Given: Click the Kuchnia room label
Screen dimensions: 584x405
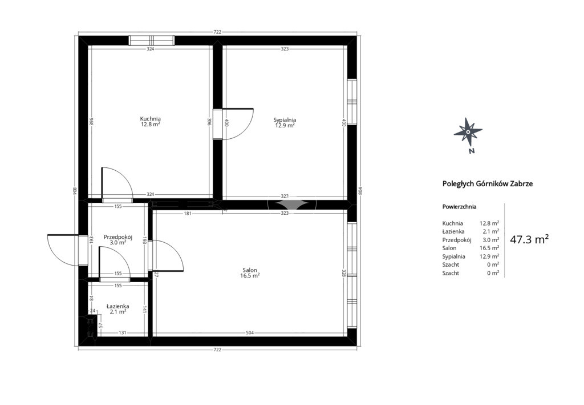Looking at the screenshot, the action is click(x=151, y=119).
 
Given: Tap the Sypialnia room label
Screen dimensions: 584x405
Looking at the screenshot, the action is click(x=285, y=120).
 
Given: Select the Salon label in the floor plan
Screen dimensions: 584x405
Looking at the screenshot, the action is click(x=250, y=270).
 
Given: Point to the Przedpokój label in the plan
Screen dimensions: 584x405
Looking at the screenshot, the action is click(x=118, y=237).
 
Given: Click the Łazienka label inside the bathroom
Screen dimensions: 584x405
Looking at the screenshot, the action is click(x=117, y=306).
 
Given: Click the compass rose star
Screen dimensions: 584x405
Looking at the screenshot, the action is click(x=468, y=131).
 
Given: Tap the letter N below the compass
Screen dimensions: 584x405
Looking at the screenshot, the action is click(x=472, y=151).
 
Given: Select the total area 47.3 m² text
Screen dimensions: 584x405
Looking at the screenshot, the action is click(x=529, y=239).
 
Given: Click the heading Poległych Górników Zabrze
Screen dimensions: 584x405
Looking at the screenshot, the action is click(x=488, y=183).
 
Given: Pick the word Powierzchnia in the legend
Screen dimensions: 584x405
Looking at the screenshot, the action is click(x=459, y=207).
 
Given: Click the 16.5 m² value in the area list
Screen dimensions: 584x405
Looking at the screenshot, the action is click(x=489, y=248).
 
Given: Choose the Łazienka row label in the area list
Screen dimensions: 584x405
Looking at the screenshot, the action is click(x=453, y=231).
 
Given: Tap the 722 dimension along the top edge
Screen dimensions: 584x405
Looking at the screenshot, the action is click(x=217, y=32).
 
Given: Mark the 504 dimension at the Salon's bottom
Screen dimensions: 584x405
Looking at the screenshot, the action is click(x=250, y=332).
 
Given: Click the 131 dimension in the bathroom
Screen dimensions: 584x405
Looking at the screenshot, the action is click(x=123, y=332).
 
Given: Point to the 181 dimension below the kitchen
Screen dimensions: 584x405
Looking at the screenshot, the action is click(x=187, y=213).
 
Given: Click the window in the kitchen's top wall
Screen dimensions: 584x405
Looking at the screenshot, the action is click(x=151, y=41).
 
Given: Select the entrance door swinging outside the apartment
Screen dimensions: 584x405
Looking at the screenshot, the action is click(x=63, y=250).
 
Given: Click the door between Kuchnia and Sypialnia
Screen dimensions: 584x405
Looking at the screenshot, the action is click(x=233, y=124).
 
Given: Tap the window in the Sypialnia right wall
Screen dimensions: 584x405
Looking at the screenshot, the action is click(x=352, y=102).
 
